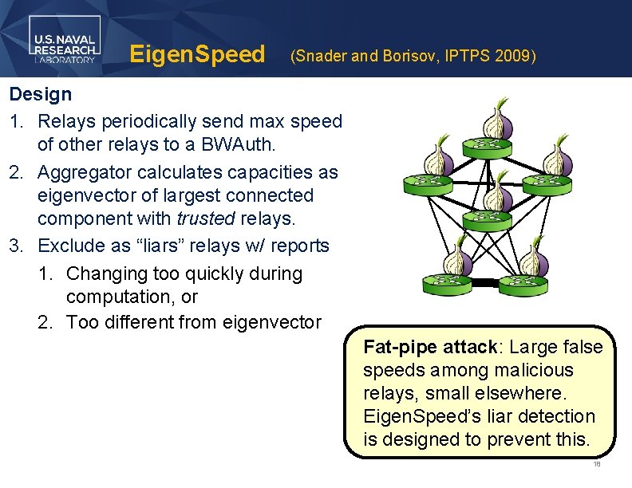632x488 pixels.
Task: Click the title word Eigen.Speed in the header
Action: point(196,54)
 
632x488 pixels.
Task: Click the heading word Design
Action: point(40,94)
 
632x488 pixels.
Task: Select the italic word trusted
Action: point(203,218)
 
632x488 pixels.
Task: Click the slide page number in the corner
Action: point(596,465)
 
